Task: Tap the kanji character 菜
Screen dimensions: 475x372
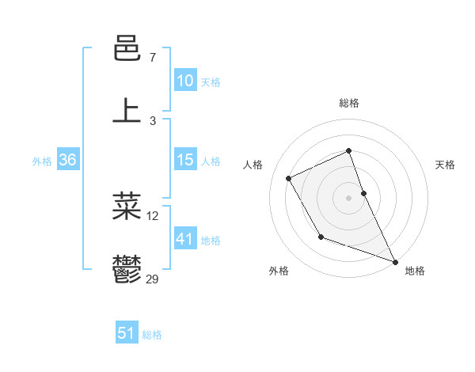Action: [x=127, y=205]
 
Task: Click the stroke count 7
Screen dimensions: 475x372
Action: [x=153, y=58]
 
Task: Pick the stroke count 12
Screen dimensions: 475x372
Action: [x=153, y=215]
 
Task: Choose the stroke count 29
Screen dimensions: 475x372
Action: [x=153, y=279]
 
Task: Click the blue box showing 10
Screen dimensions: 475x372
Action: [x=184, y=81]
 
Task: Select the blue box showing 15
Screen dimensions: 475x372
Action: [x=184, y=160]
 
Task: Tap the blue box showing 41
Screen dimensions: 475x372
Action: [x=184, y=239]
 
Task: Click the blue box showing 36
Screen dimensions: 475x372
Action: [x=67, y=160]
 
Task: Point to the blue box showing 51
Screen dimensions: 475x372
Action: [x=127, y=333]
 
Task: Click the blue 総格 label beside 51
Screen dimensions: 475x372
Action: [x=152, y=335]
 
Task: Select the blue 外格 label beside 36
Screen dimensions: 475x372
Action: [x=42, y=161]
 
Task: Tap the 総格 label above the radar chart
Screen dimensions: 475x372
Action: [x=349, y=103]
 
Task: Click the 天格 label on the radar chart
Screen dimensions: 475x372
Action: [x=446, y=165]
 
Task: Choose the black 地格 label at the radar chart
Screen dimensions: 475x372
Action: [x=415, y=271]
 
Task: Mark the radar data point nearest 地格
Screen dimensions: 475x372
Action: [x=396, y=262]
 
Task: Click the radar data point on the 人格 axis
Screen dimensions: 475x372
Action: [x=289, y=178]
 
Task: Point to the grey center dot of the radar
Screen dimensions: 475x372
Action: [x=349, y=198]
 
